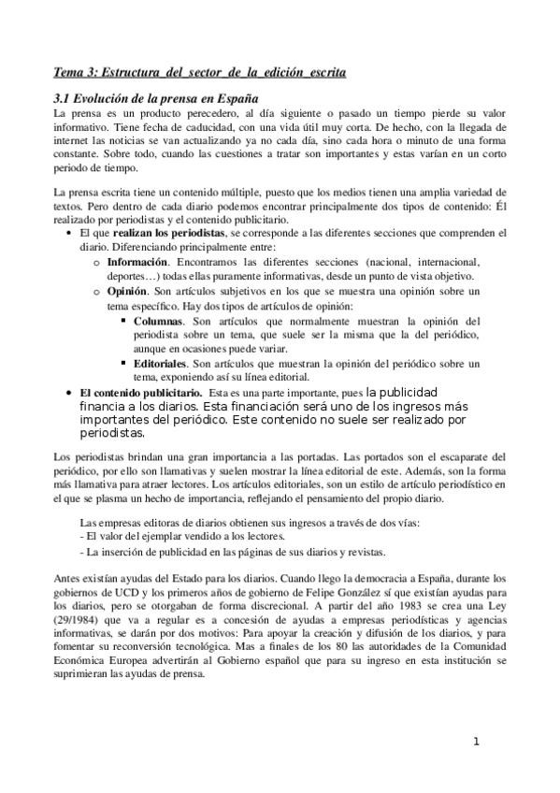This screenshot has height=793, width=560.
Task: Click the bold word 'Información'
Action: [137, 262]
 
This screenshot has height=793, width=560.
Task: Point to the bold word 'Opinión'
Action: [129, 292]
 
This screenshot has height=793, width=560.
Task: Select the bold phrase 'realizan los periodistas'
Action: [155, 234]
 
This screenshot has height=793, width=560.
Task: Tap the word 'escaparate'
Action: [440, 459]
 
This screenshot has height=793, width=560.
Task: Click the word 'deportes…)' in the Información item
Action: [133, 276]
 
